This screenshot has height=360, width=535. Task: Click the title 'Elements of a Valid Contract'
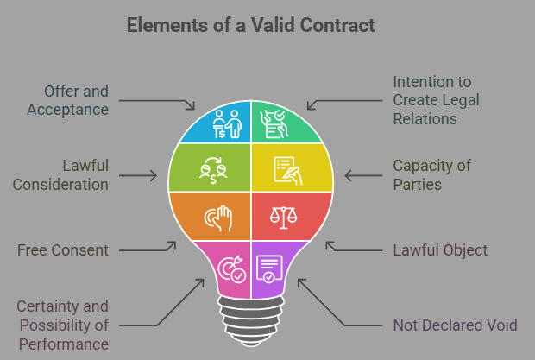pyautogui.click(x=251, y=25)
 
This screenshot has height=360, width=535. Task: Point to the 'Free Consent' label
pyautogui.click(x=63, y=250)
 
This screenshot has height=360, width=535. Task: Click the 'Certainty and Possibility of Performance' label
pyautogui.click(x=62, y=325)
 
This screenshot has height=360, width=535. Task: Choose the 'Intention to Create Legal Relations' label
pyautogui.click(x=436, y=99)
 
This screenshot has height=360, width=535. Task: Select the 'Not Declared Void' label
pyautogui.click(x=454, y=325)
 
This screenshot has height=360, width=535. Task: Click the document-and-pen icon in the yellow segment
pyautogui.click(x=286, y=167)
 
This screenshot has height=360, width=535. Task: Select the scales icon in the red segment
pyautogui.click(x=286, y=216)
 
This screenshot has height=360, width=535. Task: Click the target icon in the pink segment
pyautogui.click(x=232, y=267)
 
